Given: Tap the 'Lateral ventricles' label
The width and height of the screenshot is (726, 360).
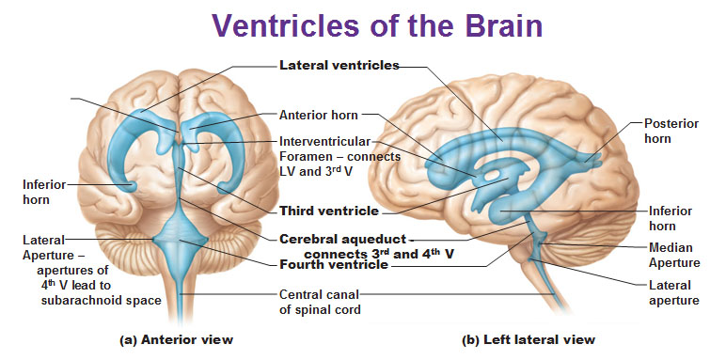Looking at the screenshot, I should click(339, 66).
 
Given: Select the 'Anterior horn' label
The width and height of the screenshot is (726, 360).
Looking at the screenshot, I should click(319, 116).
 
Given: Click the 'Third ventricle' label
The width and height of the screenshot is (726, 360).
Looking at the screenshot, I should click(329, 210).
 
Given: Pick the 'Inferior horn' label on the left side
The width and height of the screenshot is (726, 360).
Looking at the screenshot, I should click(44, 191).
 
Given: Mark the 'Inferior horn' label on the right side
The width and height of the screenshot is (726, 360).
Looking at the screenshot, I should click(671, 218).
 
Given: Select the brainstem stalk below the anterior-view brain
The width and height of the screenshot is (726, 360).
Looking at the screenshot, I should click(181, 291).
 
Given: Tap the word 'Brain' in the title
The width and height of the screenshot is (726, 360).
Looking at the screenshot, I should click(499, 24).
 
